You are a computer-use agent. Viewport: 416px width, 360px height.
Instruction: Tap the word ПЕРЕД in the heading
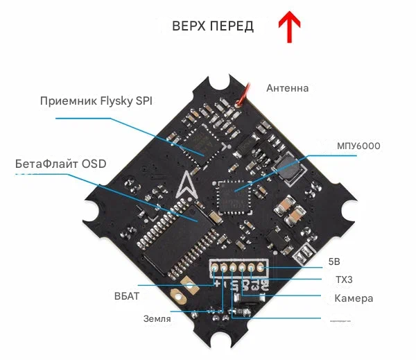point(232,26)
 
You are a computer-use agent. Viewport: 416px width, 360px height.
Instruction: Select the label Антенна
point(288,88)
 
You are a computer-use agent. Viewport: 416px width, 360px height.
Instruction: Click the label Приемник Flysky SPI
point(96,101)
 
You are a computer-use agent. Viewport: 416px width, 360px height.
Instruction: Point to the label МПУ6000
point(358,146)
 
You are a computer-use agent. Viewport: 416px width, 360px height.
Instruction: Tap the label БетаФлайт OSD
point(61,164)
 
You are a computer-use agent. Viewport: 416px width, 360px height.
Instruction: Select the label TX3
point(335,280)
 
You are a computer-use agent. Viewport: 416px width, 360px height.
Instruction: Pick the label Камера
point(354,298)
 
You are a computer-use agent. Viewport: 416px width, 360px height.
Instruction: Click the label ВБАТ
point(127,296)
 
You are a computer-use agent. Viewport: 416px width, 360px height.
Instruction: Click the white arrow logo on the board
point(185,186)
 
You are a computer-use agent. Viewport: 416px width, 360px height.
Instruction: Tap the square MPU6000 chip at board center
point(231,195)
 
